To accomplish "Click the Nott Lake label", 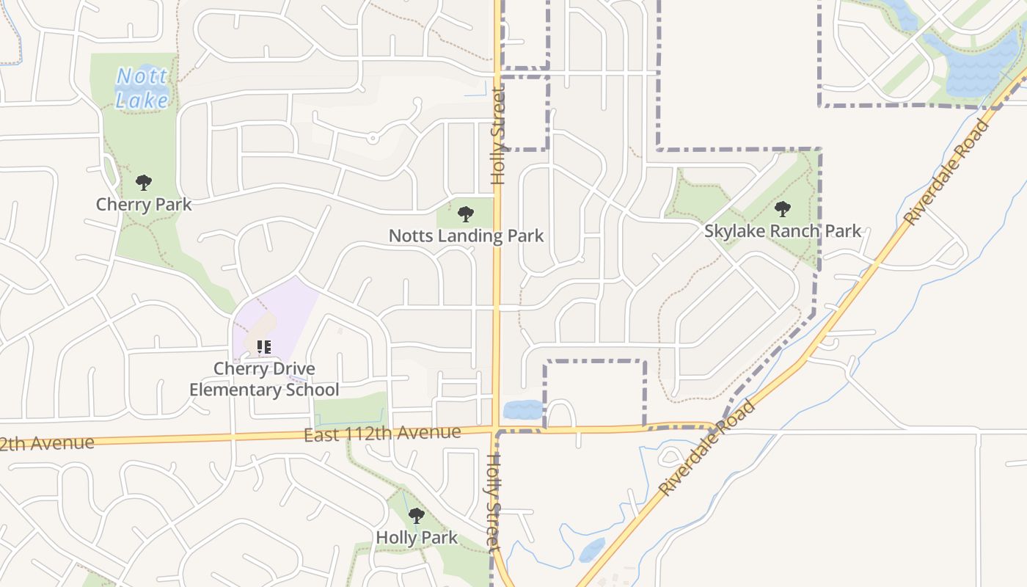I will pyautogui.click(x=142, y=88).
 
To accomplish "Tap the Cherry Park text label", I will pyautogui.click(x=144, y=204).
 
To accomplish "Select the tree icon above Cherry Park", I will pyautogui.click(x=144, y=183).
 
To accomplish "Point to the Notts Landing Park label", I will pyautogui.click(x=466, y=236).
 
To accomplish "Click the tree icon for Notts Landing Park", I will pyautogui.click(x=465, y=214).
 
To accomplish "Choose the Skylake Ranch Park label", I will pyautogui.click(x=783, y=231).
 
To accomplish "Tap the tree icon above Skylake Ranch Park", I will pyautogui.click(x=783, y=209).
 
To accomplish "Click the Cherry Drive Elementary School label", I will pyautogui.click(x=264, y=379).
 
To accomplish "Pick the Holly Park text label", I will pyautogui.click(x=417, y=538).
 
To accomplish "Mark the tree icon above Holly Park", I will pyautogui.click(x=417, y=516).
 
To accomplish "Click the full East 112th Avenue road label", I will pyautogui.click(x=382, y=434).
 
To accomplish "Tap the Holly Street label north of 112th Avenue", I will pyautogui.click(x=499, y=136).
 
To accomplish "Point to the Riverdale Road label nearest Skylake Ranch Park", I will pyautogui.click(x=946, y=172).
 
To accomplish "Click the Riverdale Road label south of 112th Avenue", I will pyautogui.click(x=706, y=448).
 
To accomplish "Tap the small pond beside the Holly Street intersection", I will pyautogui.click(x=523, y=410).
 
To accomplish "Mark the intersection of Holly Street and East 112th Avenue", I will pyautogui.click(x=497, y=428).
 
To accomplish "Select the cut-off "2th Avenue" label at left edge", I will pyautogui.click(x=47, y=444).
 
